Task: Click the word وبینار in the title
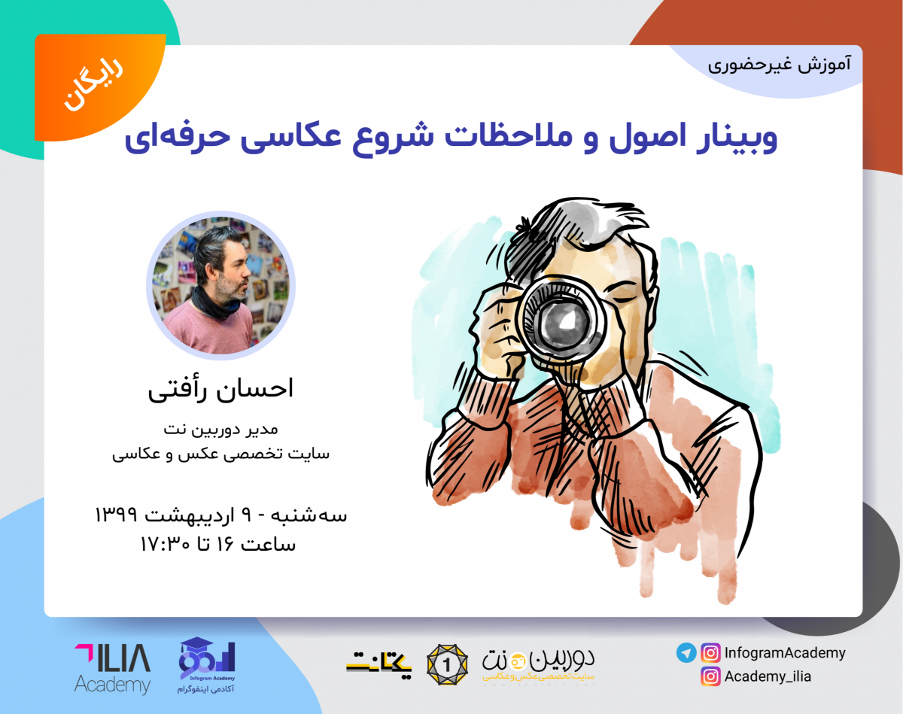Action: point(734,138)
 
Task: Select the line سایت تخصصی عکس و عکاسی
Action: point(221,454)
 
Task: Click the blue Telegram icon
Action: point(686,653)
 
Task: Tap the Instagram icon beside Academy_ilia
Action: point(710,676)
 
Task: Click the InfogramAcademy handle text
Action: point(784,653)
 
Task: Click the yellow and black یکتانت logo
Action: point(380,663)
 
